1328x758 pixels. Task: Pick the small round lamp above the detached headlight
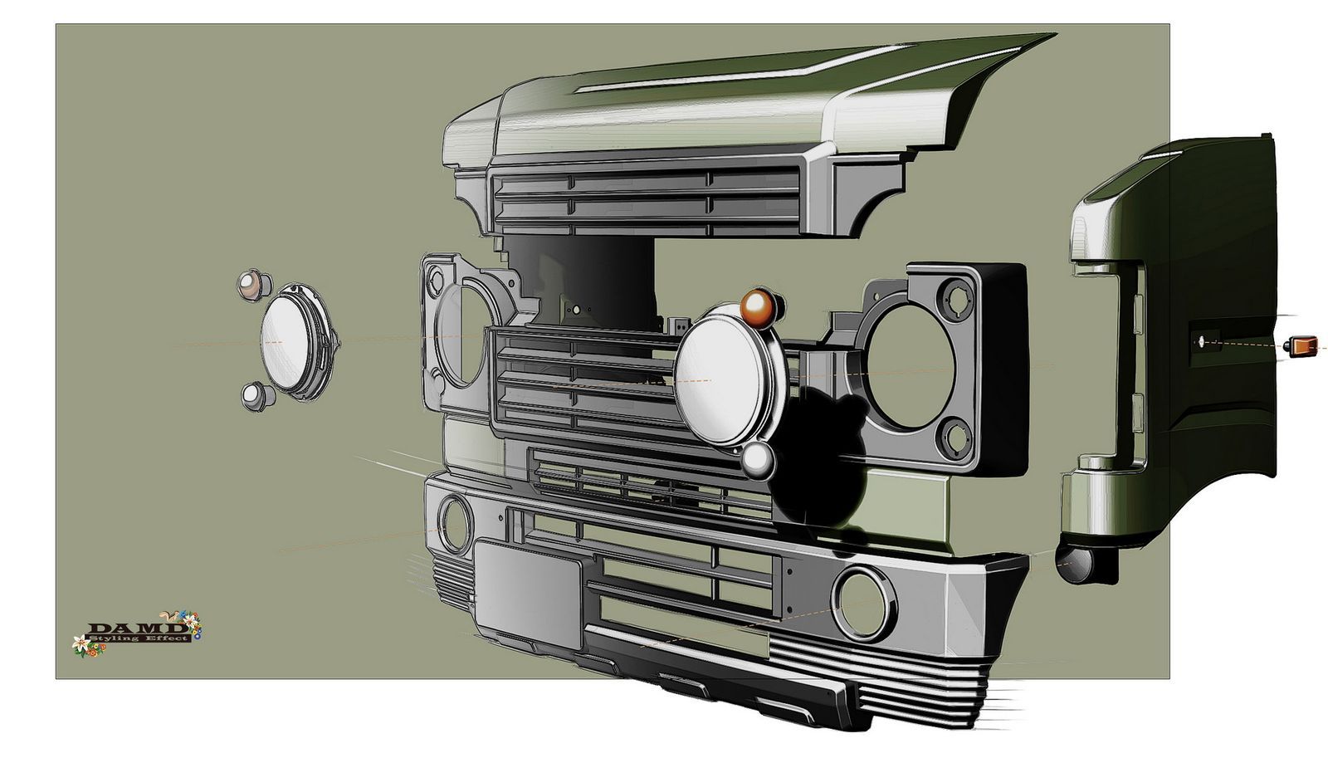(x=254, y=286)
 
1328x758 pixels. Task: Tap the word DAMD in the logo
(x=134, y=628)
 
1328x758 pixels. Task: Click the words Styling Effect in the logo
(x=139, y=638)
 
